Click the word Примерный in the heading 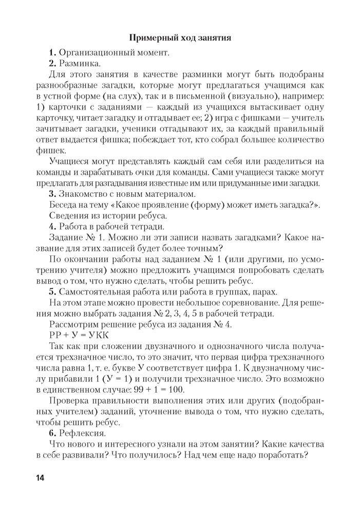(x=151, y=38)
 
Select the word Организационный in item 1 (x=96, y=52)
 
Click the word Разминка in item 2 (x=80, y=64)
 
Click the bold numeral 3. (x=52, y=194)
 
